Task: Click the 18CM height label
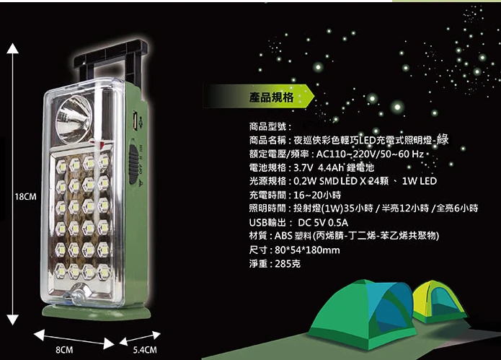pyautogui.click(x=25, y=197)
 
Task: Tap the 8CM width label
pyautogui.click(x=64, y=350)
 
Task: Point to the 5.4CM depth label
pyautogui.click(x=145, y=350)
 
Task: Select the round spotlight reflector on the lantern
pyautogui.click(x=74, y=119)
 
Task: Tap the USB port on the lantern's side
pyautogui.click(x=135, y=120)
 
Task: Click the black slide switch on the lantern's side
pyautogui.click(x=133, y=164)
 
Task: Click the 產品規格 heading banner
pyautogui.click(x=259, y=96)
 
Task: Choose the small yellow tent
pyautogui.click(x=439, y=302)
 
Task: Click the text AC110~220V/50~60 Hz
pyautogui.click(x=370, y=154)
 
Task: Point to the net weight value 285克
pyautogui.click(x=288, y=264)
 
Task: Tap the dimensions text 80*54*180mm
pyautogui.click(x=307, y=250)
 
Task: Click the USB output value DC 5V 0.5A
pyautogui.click(x=323, y=222)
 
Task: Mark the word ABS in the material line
pyautogui.click(x=283, y=236)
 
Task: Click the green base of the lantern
pyautogui.click(x=96, y=312)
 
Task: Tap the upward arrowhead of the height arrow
pyautogui.click(x=12, y=48)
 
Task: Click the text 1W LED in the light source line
pyautogui.click(x=420, y=181)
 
